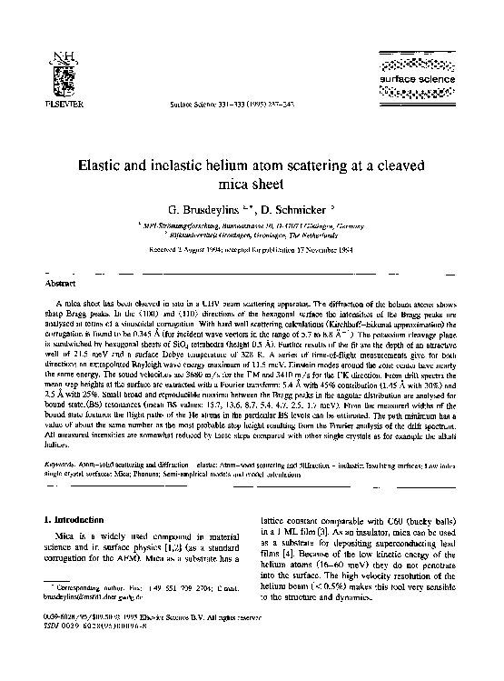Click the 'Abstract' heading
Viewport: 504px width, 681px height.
click(59, 283)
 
